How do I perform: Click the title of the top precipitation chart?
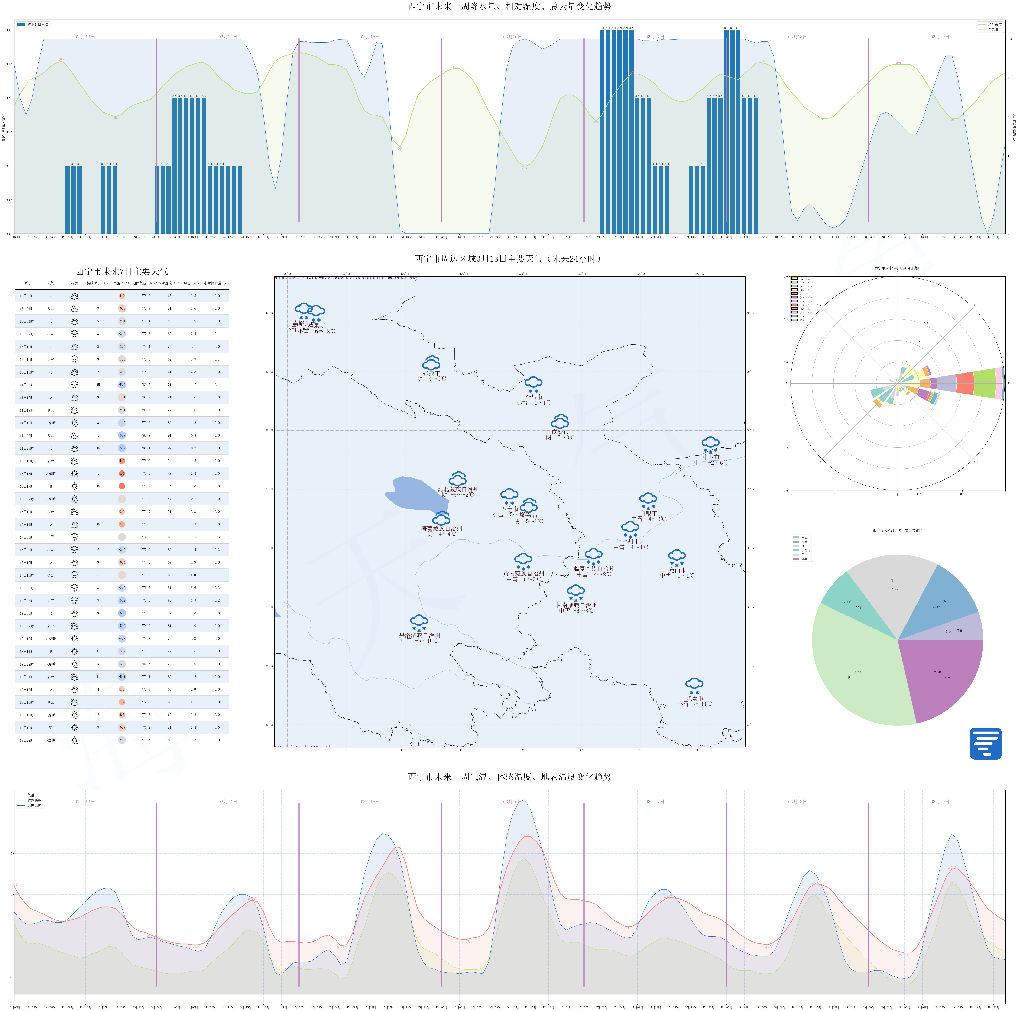[509, 6]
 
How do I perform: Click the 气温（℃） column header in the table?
[121, 283]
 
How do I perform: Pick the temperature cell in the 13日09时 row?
[122, 334]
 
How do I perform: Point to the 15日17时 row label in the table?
[27, 486]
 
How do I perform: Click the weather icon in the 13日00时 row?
[74, 296]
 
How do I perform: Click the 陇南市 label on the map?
[694, 699]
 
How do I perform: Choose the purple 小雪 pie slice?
[943, 680]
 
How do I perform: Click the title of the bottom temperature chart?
[509, 777]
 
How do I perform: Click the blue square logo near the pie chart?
[985, 743]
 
